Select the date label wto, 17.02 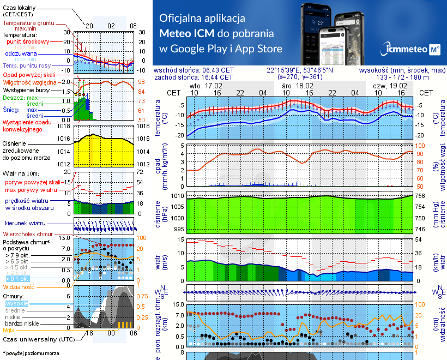pyautogui.click(x=206, y=86)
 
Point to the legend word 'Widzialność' pyautogui.click(x=19, y=286)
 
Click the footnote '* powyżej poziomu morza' pyautogui.click(x=31, y=353)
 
